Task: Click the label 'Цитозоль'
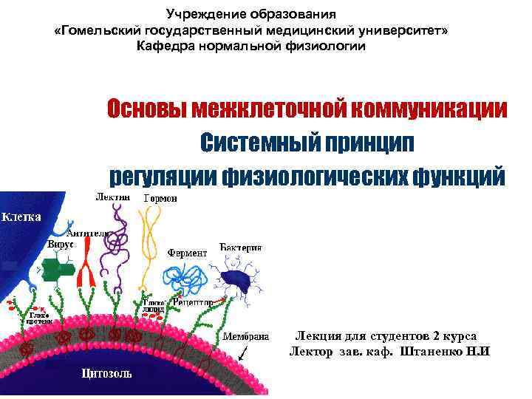107,373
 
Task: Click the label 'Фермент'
186,253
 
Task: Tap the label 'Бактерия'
241,246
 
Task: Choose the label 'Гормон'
160,199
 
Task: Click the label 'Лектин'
113,197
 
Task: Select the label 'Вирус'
61,243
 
